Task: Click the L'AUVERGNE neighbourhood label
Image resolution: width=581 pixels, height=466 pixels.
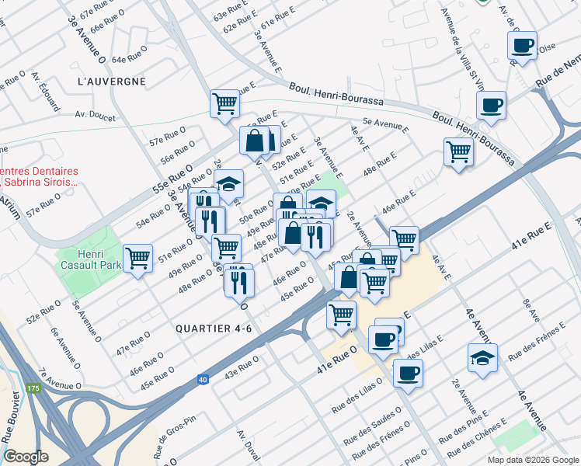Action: tap(112, 81)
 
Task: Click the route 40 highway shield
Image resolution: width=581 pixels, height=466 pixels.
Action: tap(202, 379)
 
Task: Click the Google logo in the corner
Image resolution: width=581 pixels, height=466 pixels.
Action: tap(26, 457)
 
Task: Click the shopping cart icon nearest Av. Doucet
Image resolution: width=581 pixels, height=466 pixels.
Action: tap(224, 103)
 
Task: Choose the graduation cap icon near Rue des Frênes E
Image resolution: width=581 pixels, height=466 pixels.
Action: tap(482, 358)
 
